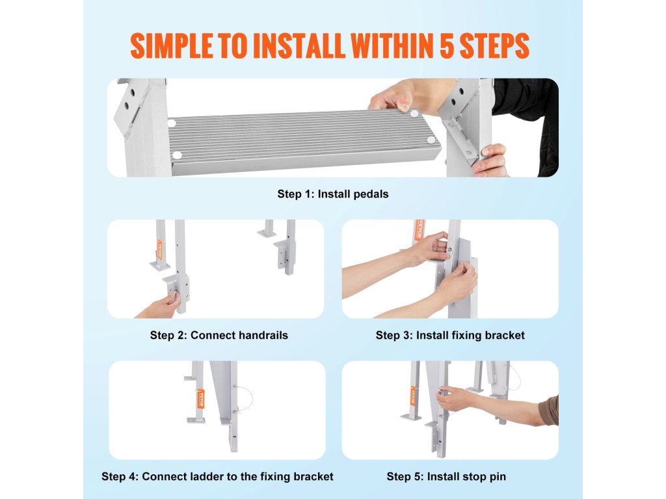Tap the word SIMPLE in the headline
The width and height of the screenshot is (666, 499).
[171, 45]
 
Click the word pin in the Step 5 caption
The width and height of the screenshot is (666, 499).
[498, 477]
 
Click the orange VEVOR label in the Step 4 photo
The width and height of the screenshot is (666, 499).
[201, 399]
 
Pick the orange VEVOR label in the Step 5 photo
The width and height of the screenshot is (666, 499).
[412, 396]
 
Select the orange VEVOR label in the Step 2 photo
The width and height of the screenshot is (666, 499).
[160, 249]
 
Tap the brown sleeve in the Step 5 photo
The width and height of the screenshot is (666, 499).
[549, 411]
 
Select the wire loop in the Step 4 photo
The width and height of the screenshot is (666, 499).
[245, 399]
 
